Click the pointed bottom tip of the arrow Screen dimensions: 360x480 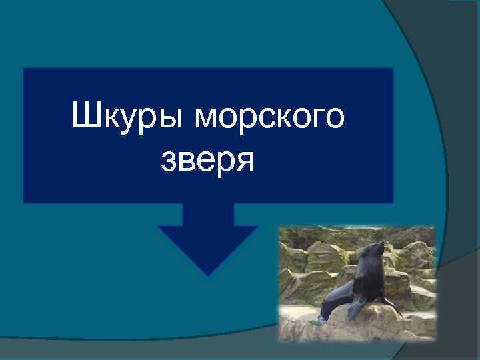pyautogui.click(x=209, y=274)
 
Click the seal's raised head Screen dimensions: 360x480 pyautogui.click(x=374, y=249)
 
